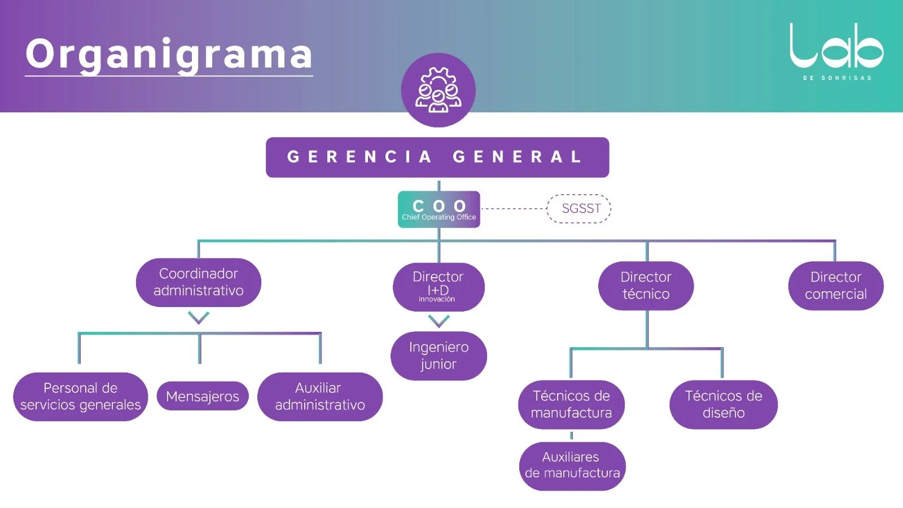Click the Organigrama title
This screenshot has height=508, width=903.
(169, 54)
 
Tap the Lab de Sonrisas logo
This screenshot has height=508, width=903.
(836, 51)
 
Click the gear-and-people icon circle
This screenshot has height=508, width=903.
(438, 90)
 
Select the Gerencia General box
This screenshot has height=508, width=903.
(437, 157)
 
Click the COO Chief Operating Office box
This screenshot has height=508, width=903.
(439, 209)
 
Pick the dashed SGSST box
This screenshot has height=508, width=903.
(580, 208)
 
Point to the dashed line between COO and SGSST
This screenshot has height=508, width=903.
(513, 209)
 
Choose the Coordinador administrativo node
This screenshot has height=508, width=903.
(199, 282)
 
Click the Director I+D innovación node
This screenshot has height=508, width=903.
(439, 287)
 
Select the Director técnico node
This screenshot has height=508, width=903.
(646, 286)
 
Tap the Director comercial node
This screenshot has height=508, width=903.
(835, 286)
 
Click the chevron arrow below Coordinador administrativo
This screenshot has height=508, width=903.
(199, 318)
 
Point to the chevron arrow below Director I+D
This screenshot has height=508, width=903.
(439, 321)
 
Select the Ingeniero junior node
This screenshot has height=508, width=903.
(439, 356)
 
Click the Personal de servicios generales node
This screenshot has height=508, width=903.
(81, 396)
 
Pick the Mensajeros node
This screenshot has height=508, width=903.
(203, 396)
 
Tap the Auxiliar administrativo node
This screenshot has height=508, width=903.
(319, 396)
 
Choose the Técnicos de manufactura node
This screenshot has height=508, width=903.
(571, 404)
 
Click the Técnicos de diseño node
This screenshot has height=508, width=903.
(723, 404)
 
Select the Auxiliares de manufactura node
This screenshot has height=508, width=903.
(572, 466)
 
